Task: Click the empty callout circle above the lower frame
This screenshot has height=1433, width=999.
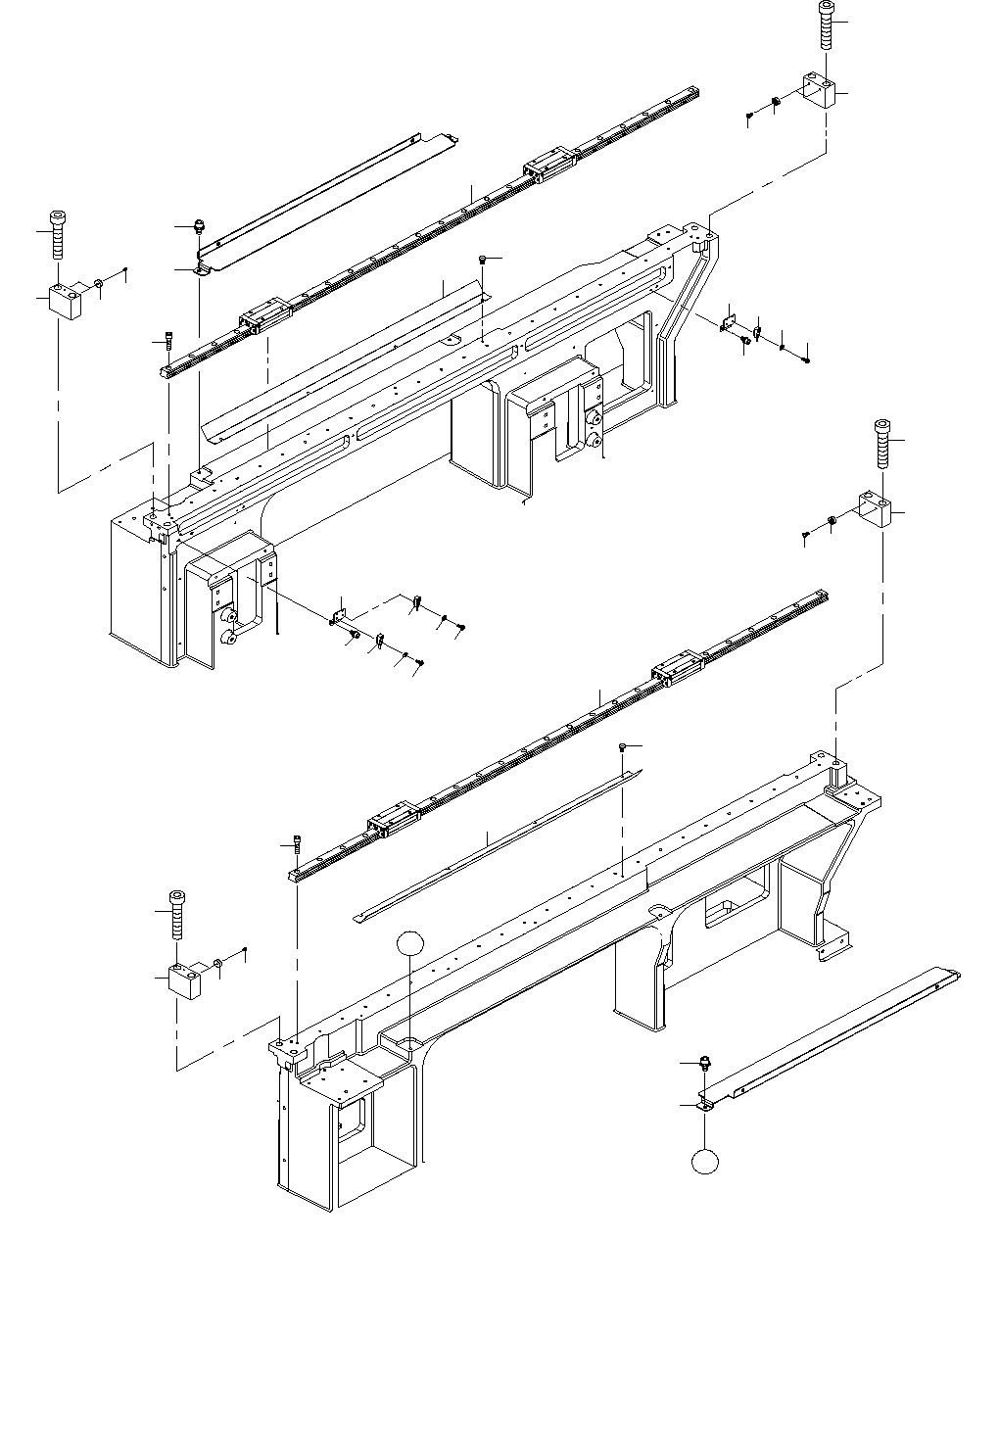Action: (x=410, y=943)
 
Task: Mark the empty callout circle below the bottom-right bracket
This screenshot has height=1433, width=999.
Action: (x=704, y=1162)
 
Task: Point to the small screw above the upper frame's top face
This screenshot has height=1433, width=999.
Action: (x=482, y=260)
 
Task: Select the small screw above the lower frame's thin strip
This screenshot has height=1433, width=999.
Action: (x=623, y=748)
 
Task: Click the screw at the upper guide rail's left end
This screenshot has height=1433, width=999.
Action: (x=169, y=343)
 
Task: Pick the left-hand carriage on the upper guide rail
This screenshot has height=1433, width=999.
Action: (x=260, y=315)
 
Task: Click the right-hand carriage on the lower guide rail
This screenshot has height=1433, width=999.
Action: (x=675, y=669)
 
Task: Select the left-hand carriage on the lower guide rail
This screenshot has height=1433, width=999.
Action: (x=393, y=821)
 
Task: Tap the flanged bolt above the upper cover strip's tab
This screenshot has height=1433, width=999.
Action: (x=199, y=227)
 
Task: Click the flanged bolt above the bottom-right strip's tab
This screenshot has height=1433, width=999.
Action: (x=703, y=1063)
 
